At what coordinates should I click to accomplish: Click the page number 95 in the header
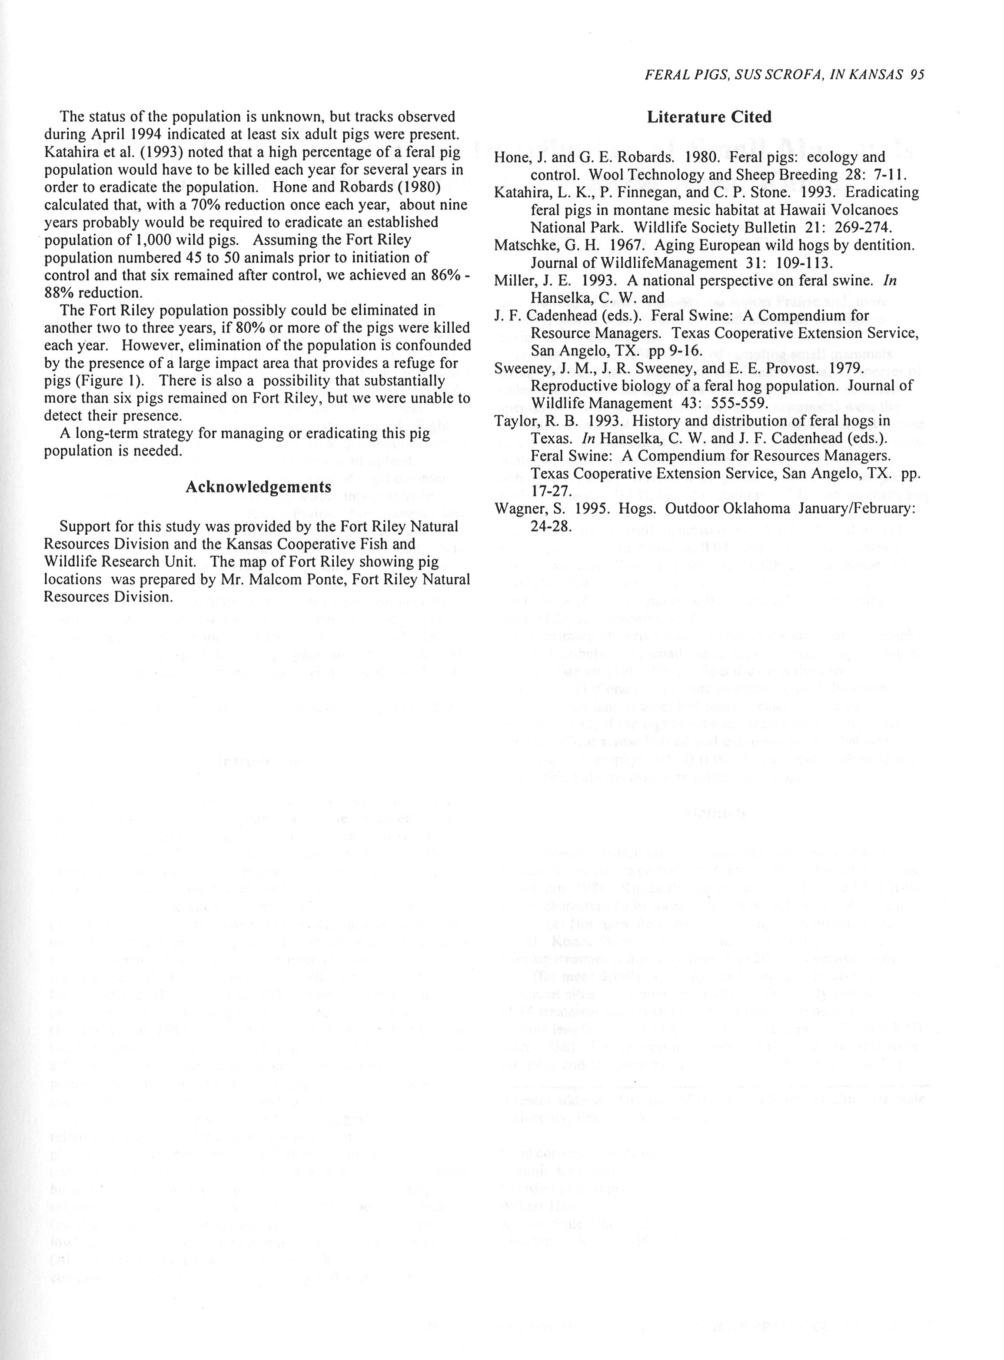[x=917, y=75]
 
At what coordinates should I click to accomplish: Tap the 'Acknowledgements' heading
[x=258, y=487]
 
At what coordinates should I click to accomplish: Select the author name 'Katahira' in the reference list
[x=521, y=193]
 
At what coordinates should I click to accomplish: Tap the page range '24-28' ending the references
[x=550, y=526]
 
